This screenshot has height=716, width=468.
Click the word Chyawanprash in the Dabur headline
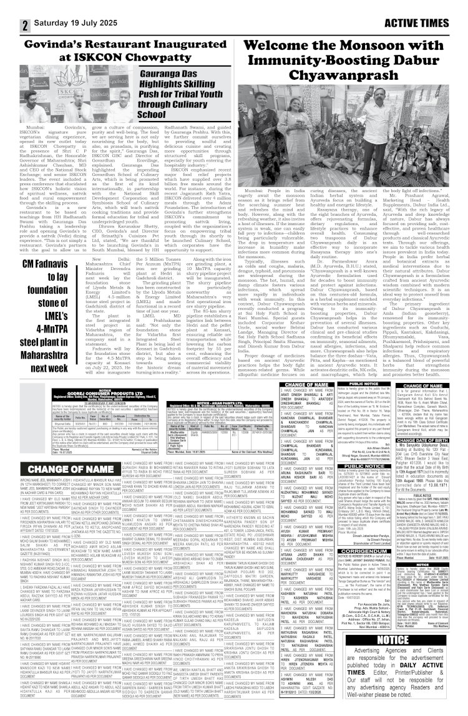349,77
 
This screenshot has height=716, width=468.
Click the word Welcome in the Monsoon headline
278,46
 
